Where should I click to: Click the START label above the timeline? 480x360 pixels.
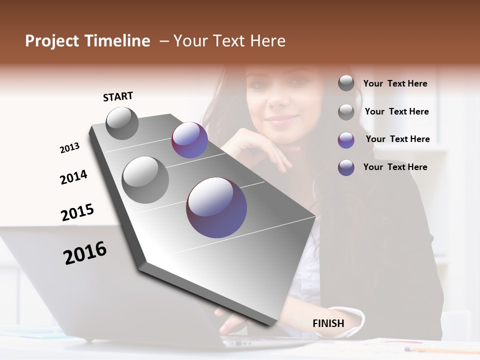pyautogui.click(x=118, y=96)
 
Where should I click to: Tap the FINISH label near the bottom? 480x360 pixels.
pyautogui.click(x=328, y=323)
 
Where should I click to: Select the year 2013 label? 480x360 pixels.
pyautogui.click(x=69, y=148)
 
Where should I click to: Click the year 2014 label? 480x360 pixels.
pyautogui.click(x=73, y=177)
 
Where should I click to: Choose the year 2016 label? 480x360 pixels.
pyautogui.click(x=85, y=253)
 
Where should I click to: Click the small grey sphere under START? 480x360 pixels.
pyautogui.click(x=122, y=123)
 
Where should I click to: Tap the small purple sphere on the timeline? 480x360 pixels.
pyautogui.click(x=189, y=140)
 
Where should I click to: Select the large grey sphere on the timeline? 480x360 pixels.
pyautogui.click(x=145, y=179)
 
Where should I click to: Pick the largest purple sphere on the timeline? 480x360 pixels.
pyautogui.click(x=216, y=207)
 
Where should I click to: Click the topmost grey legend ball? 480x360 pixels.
pyautogui.click(x=346, y=83)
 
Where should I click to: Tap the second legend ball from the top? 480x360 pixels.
pyautogui.click(x=346, y=112)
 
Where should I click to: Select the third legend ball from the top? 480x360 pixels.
pyautogui.click(x=346, y=140)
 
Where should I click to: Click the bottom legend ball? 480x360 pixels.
pyautogui.click(x=346, y=167)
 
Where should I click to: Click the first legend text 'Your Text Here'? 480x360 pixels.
pyautogui.click(x=395, y=83)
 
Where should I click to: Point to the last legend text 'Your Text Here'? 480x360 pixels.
pyautogui.click(x=395, y=167)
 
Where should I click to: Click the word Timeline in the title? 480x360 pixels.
pyautogui.click(x=117, y=41)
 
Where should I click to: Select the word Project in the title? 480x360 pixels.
pyautogui.click(x=51, y=41)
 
